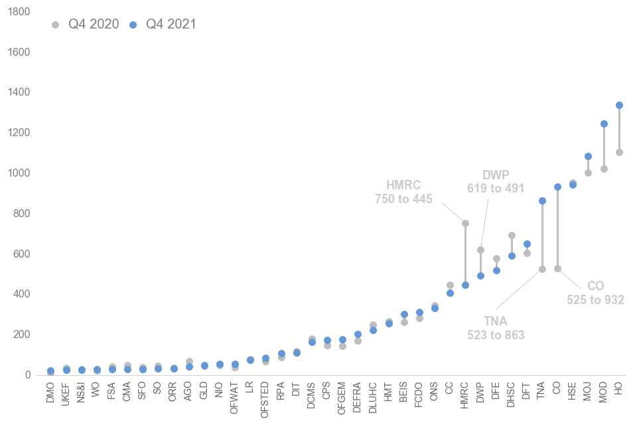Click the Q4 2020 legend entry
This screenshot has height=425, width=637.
point(86,25)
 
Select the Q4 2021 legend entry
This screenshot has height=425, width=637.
point(163,25)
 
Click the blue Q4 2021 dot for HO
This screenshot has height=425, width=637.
point(619,105)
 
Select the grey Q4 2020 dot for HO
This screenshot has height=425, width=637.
point(619,152)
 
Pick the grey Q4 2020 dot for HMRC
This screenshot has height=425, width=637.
point(465,223)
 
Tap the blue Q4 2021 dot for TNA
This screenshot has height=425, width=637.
point(542,201)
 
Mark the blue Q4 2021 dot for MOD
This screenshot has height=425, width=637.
point(604,124)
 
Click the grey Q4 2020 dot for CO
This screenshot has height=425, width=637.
point(557,268)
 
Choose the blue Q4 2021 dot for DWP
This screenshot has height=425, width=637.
point(480,276)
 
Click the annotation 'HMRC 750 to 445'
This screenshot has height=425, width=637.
point(403,191)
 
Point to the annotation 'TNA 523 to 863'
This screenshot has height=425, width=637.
point(496,328)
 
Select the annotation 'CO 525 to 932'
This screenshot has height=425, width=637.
point(595,292)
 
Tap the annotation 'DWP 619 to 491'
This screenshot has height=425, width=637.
point(495,181)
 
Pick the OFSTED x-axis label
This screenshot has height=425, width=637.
point(265,397)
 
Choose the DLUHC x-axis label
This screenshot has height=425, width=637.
point(373,396)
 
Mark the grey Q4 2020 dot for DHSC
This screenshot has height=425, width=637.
point(512,235)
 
